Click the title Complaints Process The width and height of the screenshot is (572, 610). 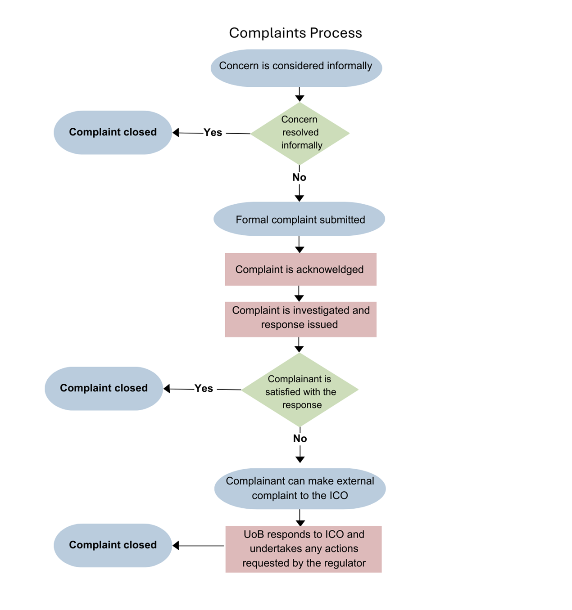(295, 33)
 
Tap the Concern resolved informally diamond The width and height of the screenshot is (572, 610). (300, 133)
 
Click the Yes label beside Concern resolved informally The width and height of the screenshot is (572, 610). (213, 133)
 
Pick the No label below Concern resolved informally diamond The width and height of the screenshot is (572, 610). (299, 177)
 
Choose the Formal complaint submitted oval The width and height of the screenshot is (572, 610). (300, 219)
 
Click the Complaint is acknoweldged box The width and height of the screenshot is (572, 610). (300, 269)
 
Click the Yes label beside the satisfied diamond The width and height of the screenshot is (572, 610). (204, 389)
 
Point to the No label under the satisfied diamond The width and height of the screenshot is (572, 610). (300, 439)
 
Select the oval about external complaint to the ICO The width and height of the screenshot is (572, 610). (300, 489)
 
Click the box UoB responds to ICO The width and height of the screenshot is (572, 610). (304, 549)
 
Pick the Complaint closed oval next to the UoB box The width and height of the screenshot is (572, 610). (113, 545)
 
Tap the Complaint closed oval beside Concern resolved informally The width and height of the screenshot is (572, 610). (113, 132)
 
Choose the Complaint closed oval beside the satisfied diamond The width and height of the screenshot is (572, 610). (104, 388)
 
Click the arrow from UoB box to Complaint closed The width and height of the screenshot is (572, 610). (198, 546)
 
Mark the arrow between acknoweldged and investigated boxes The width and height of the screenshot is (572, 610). (299, 294)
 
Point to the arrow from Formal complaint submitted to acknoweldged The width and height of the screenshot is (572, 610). (300, 244)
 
